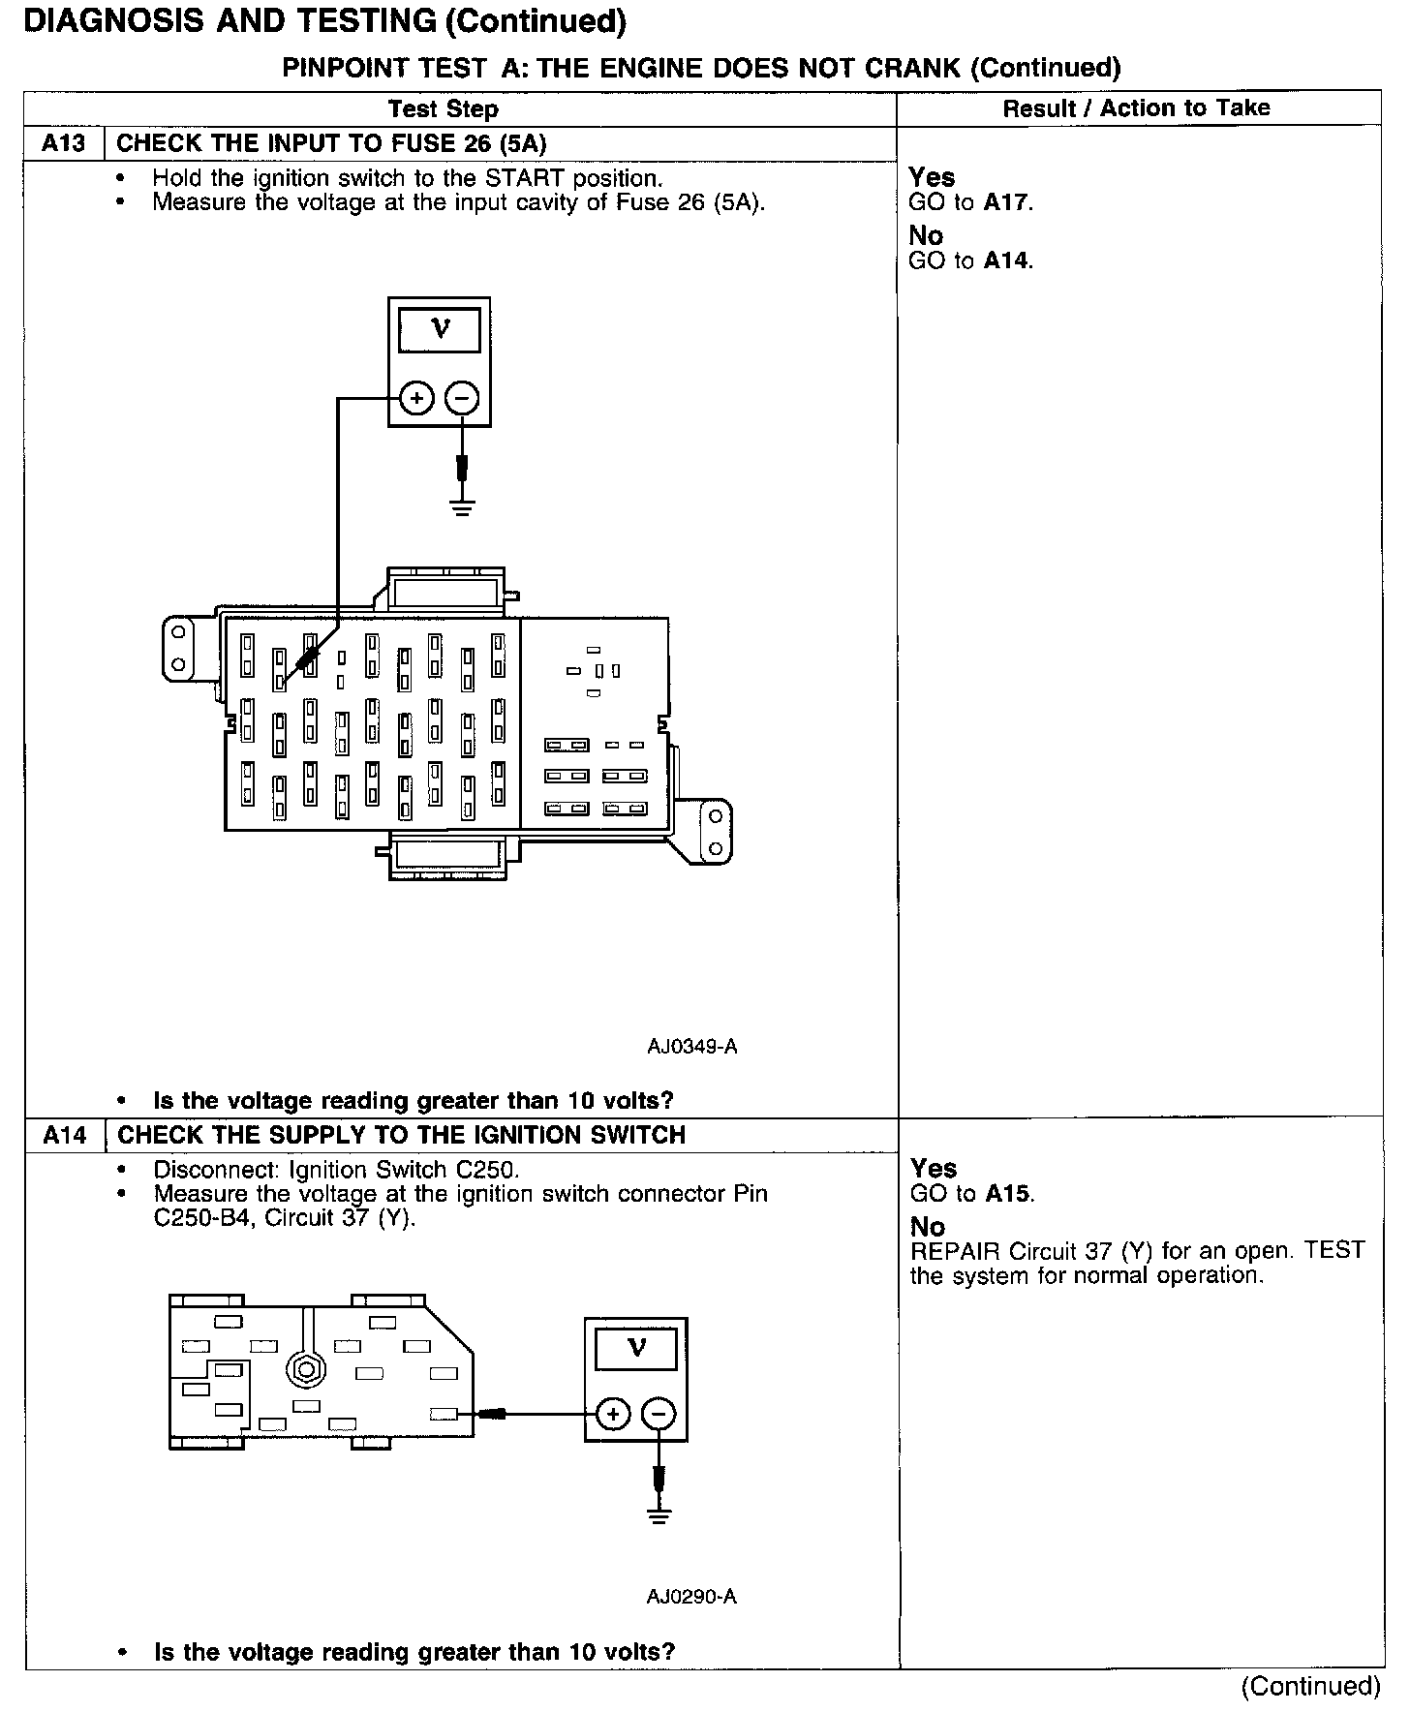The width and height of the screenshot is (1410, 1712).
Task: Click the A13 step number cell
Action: click(x=64, y=144)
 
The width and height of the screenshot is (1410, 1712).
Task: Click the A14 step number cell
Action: click(x=65, y=1135)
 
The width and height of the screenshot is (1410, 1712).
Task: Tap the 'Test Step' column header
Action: click(x=443, y=109)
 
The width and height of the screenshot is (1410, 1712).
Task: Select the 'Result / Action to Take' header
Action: click(x=1136, y=108)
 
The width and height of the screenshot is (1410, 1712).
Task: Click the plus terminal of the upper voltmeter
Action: click(x=416, y=398)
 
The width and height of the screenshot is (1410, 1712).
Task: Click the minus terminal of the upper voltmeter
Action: click(x=462, y=398)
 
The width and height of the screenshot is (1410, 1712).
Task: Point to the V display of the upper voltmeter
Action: click(x=440, y=330)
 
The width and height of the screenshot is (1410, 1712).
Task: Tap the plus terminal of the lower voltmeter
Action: click(x=612, y=1415)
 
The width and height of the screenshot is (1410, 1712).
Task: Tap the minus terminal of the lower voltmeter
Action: click(x=659, y=1415)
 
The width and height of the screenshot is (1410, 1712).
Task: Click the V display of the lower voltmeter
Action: click(x=636, y=1348)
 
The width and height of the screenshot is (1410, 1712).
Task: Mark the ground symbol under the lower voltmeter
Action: click(x=659, y=1514)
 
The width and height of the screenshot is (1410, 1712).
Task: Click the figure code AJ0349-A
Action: click(x=692, y=1047)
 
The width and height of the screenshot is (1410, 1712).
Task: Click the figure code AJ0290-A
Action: click(x=691, y=1597)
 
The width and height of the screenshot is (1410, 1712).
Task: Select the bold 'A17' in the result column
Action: click(x=1007, y=203)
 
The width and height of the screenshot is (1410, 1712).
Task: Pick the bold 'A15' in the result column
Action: click(x=1008, y=1194)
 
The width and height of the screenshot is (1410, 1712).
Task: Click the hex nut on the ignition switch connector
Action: click(x=306, y=1370)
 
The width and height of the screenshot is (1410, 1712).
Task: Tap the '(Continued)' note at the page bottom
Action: click(x=1310, y=1686)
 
